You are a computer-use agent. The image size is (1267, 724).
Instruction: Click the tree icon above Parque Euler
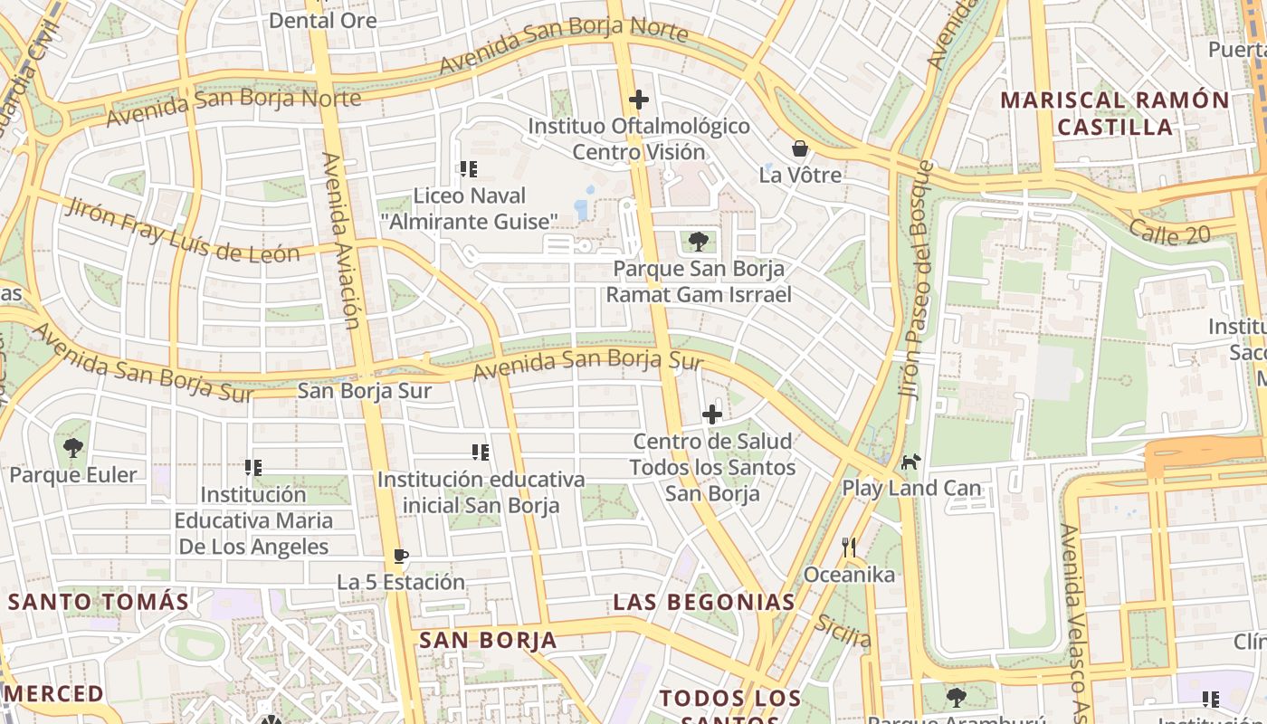coord(73,447)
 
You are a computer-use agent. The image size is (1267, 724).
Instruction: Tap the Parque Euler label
coord(73,475)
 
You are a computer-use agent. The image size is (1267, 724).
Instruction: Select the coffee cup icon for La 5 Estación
coord(401,556)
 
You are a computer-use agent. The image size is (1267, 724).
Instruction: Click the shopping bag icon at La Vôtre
coord(800,148)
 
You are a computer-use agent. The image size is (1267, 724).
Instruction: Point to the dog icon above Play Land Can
coord(910,462)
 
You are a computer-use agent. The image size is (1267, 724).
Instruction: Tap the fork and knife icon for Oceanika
coord(848,548)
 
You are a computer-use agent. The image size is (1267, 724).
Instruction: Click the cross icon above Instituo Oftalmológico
coord(639,100)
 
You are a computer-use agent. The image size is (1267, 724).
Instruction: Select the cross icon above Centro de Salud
coord(712,414)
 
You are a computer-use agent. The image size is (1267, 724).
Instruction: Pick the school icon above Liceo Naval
coord(468,169)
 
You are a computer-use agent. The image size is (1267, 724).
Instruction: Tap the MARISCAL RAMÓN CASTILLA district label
coord(1115,113)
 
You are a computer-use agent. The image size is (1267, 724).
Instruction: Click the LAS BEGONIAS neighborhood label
coord(704,602)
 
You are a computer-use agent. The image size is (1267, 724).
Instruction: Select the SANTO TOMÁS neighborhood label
coord(99,602)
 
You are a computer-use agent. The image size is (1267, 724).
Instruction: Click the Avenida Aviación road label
coord(341,240)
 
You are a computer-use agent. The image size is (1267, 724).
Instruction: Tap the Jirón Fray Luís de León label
coord(181,230)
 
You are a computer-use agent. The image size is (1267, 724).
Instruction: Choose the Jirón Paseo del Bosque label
coord(916,281)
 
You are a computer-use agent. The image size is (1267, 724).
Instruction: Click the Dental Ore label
coord(323,20)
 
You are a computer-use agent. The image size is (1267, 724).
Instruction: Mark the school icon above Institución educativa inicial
coord(481,452)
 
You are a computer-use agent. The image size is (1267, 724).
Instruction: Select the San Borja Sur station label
coord(365,392)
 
